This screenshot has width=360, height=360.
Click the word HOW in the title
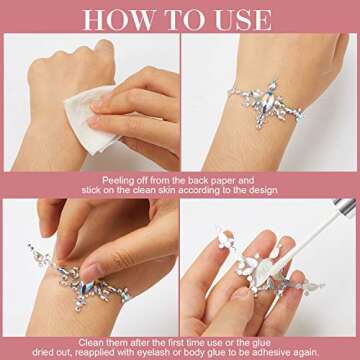pyautogui.click(x=117, y=20)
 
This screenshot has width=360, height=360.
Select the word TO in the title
pyautogui.click(x=184, y=20)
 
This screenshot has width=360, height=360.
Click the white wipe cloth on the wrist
pyautogui.click(x=87, y=117)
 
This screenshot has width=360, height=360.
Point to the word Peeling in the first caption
pyautogui.click(x=117, y=181)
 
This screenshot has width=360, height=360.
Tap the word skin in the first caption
pyautogui.click(x=166, y=191)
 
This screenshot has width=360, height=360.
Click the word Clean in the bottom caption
pyautogui.click(x=91, y=342)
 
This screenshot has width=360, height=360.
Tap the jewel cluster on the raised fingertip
pyautogui.click(x=225, y=239)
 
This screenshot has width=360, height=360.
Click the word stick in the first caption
pyautogui.click(x=91, y=191)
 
